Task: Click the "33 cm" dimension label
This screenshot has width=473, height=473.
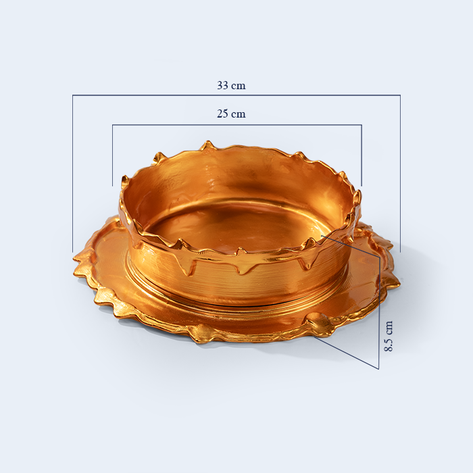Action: pos(231,85)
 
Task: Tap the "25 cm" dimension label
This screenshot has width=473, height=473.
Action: pos(231,114)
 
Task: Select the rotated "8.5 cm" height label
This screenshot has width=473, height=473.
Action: pos(389,336)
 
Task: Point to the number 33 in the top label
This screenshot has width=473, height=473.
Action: pos(222,85)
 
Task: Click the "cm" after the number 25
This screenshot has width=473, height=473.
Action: pos(239,114)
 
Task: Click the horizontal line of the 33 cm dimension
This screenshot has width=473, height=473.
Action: pos(236,95)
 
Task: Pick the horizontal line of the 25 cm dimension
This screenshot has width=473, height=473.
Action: pos(237,124)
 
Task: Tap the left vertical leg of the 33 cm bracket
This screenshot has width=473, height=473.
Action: pos(72,174)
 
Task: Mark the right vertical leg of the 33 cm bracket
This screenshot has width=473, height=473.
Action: pos(400,174)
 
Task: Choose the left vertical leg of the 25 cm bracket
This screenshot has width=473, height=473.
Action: pos(113,155)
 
